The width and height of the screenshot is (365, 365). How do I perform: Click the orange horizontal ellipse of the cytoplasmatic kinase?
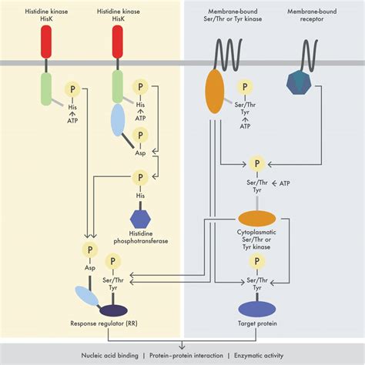[259, 219]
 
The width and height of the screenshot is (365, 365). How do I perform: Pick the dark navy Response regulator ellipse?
[114, 310]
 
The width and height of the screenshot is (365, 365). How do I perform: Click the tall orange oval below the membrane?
[216, 91]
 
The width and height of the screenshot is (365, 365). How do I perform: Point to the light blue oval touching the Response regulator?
[86, 296]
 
